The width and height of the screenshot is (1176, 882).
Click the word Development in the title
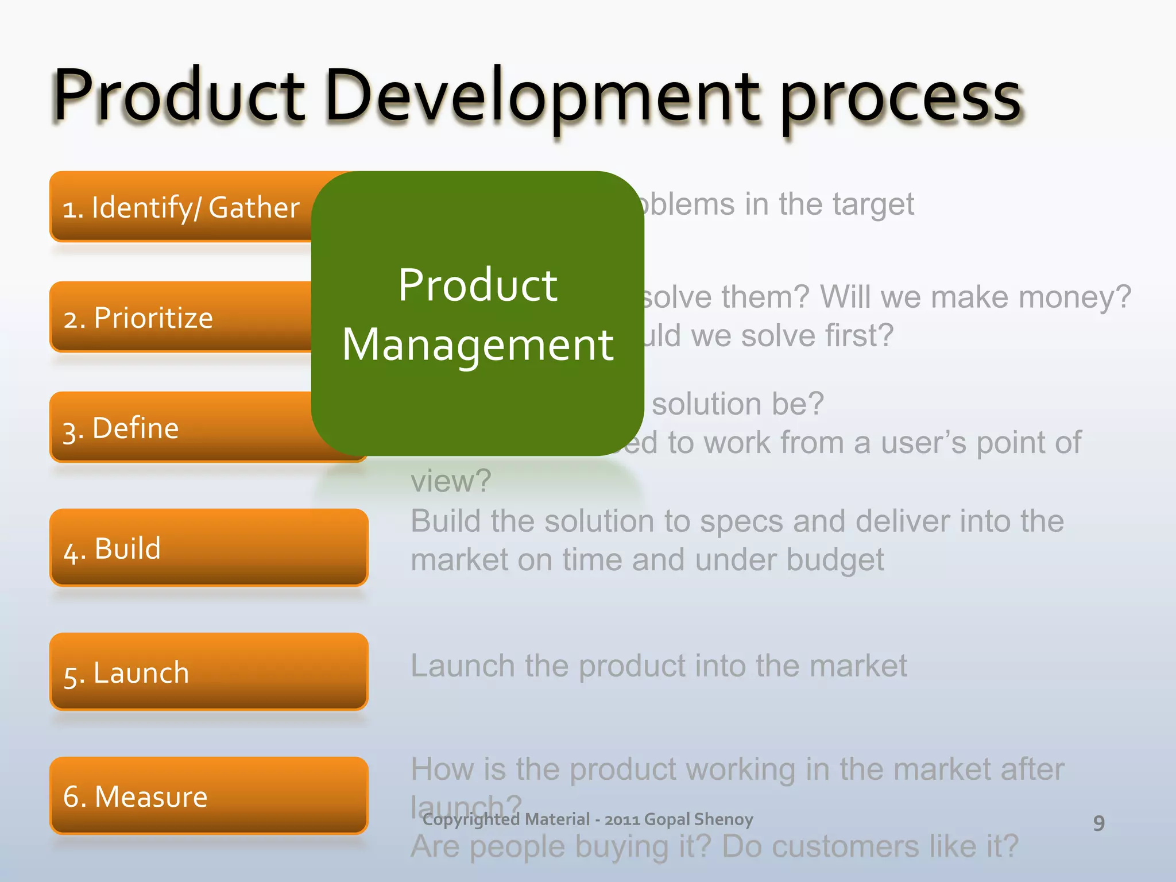click(x=543, y=96)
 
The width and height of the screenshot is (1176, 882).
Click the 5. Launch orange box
click(x=208, y=672)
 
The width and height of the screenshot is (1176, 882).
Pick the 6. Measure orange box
click(x=208, y=796)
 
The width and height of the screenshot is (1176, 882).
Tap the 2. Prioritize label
click(x=138, y=318)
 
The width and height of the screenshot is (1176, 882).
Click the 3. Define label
click(x=121, y=428)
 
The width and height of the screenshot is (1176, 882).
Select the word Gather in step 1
click(x=254, y=208)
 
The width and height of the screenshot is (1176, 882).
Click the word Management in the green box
click(x=478, y=345)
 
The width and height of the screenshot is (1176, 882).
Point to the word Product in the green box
click(x=478, y=285)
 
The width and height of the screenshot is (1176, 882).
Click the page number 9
click(x=1098, y=823)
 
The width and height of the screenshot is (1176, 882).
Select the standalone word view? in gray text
click(x=451, y=481)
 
